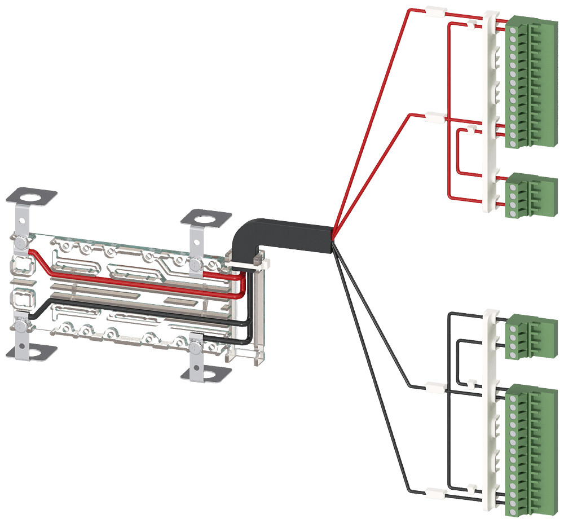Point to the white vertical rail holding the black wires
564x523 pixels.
pos(490,406)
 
